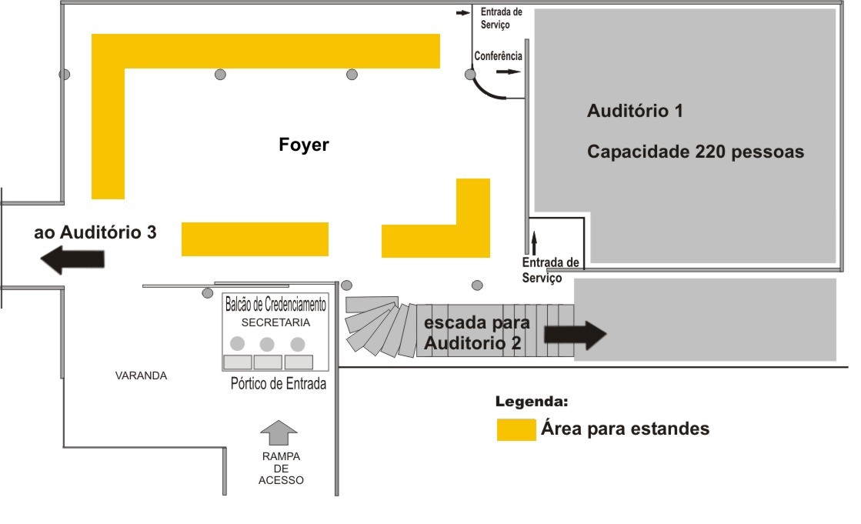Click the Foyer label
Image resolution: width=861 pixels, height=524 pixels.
click(x=304, y=144)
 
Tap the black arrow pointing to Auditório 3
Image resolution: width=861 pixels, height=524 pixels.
click(x=73, y=260)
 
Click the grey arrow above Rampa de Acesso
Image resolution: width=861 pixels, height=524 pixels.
click(x=279, y=432)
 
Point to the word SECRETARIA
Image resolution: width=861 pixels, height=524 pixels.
click(x=275, y=322)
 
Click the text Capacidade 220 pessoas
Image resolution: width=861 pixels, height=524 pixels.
click(x=696, y=152)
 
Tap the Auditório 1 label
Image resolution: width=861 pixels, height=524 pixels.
click(x=635, y=111)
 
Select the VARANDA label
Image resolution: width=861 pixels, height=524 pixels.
click(x=141, y=375)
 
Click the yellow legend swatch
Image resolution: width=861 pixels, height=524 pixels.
click(x=516, y=429)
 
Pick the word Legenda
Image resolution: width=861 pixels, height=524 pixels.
click(x=532, y=402)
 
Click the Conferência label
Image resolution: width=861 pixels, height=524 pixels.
click(x=498, y=56)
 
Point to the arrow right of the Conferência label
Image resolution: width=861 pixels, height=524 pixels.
click(x=508, y=72)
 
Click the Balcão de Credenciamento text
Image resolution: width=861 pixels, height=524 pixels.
click(x=275, y=305)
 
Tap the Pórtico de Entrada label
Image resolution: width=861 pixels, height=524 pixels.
click(x=279, y=384)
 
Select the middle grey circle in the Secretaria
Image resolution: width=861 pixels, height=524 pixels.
click(x=267, y=344)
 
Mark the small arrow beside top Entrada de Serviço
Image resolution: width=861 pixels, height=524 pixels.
click(x=462, y=13)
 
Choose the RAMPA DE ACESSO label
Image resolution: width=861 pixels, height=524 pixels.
click(x=281, y=469)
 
